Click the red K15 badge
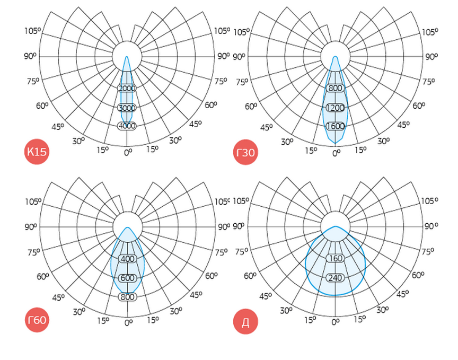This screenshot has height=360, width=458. coord(37,151)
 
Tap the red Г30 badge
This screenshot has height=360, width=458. coord(245,152)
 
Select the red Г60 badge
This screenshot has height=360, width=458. coord(37,320)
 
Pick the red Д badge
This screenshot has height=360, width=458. coord(245,322)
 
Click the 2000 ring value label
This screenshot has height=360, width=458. coord(127,88)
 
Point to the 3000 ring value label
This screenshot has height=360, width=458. coord(127,108)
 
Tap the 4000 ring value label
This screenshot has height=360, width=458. coord(127,126)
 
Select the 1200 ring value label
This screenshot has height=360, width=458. coord(336,108)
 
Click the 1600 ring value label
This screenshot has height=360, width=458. coord(336,126)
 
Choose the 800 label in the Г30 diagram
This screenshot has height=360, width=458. coord(336,88)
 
